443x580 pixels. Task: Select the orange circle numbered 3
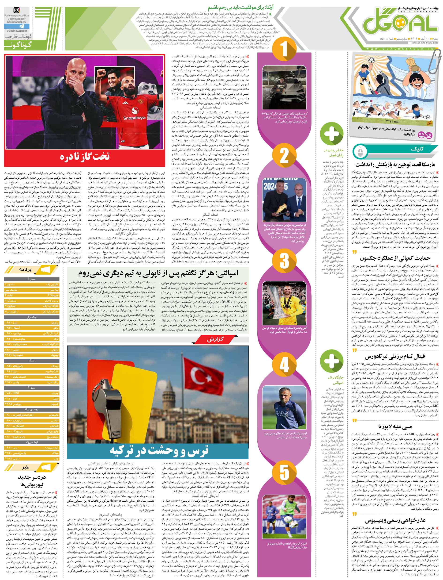click(x=284, y=261)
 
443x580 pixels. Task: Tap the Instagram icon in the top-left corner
click(x=17, y=11)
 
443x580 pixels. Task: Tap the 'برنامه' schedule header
click(x=25, y=270)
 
